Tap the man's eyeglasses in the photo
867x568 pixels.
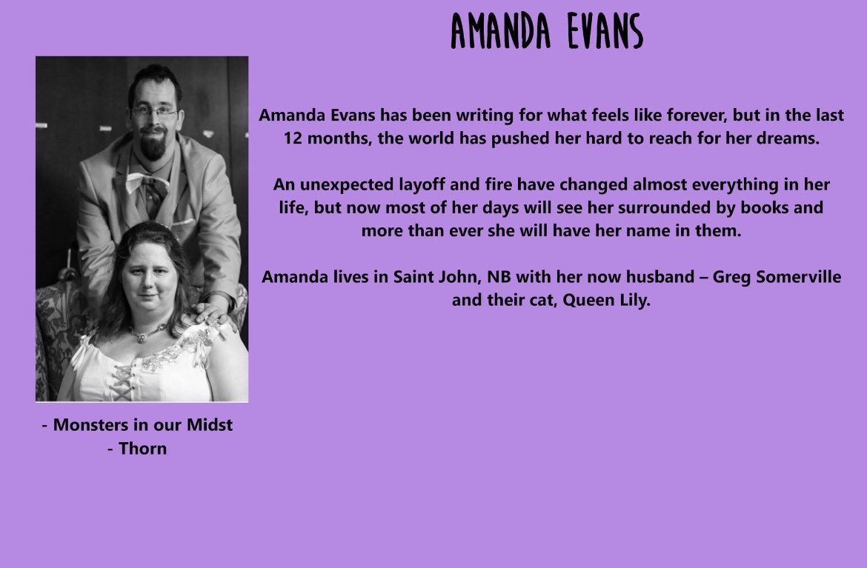[154, 112]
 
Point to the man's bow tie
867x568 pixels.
[145, 181]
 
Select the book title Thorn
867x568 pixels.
[143, 448]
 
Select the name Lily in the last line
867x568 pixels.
[634, 301]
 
